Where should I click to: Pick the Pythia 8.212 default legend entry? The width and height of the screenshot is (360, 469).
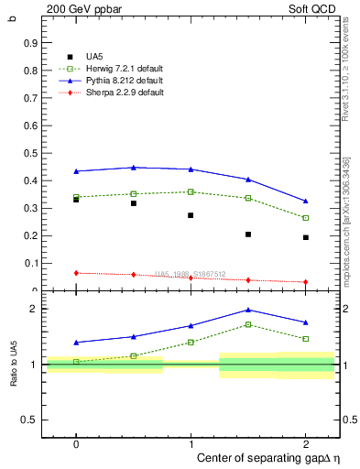(x=120, y=81)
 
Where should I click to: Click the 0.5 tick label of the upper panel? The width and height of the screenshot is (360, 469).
(x=30, y=153)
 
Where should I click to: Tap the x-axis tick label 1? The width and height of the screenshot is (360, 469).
(x=191, y=442)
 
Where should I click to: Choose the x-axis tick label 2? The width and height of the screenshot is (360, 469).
(x=305, y=442)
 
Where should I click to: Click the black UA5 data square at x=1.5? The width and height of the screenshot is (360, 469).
(x=248, y=234)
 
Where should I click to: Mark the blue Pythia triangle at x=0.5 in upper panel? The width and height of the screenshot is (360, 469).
(x=134, y=168)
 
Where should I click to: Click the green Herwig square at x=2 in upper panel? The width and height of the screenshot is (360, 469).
(x=305, y=218)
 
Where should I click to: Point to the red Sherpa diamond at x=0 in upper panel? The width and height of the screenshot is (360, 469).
(x=76, y=273)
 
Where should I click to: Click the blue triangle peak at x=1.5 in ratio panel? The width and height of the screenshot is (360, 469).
(x=248, y=310)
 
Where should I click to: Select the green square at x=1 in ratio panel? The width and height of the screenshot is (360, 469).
(x=191, y=342)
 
